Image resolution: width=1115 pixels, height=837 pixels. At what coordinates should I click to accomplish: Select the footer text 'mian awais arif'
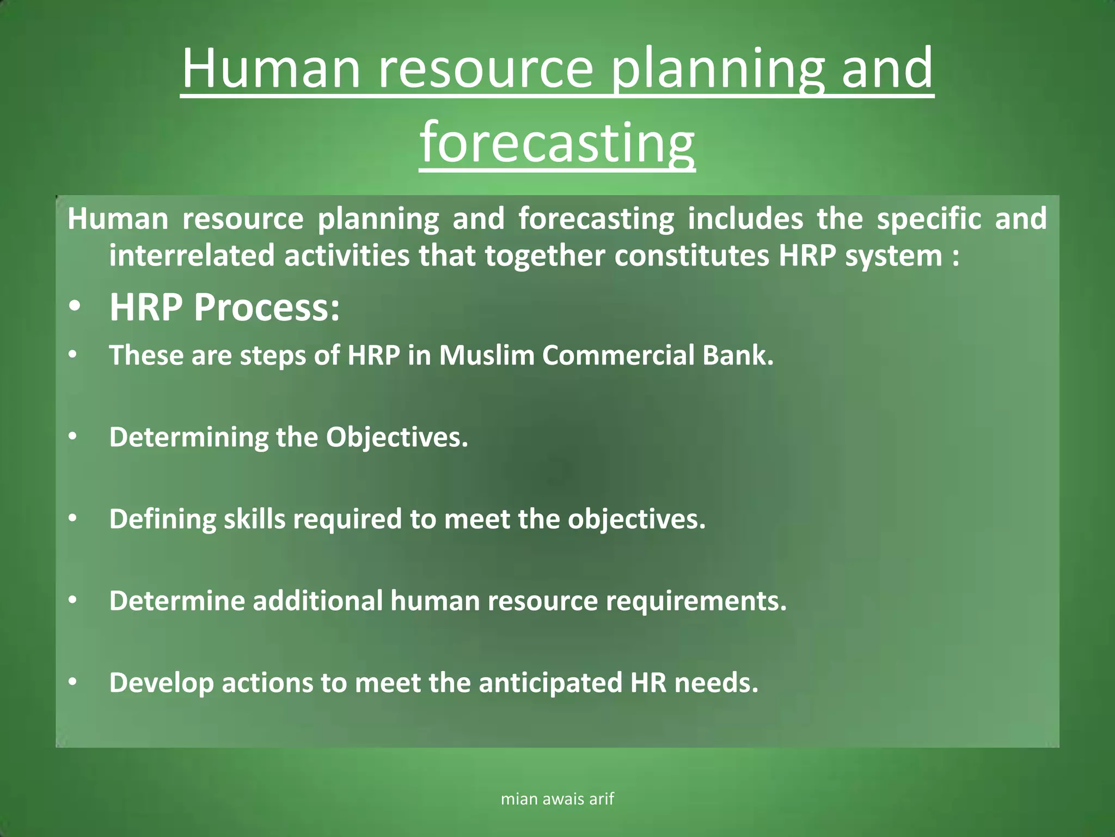coord(557,799)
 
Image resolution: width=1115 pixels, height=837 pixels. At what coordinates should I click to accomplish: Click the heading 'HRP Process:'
coord(224,307)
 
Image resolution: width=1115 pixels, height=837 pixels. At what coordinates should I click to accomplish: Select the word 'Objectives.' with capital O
coord(397,437)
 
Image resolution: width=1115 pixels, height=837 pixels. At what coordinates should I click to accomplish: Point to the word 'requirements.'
coord(696,602)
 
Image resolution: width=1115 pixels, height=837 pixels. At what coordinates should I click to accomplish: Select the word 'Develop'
coord(162,683)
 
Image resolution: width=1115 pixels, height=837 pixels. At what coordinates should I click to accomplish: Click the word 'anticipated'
coord(550,683)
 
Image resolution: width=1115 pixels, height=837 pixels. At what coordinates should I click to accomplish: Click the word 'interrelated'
coord(192,256)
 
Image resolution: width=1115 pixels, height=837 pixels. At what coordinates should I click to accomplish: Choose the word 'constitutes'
coord(691,256)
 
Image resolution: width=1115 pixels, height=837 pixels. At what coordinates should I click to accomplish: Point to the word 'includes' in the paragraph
coord(745,219)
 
